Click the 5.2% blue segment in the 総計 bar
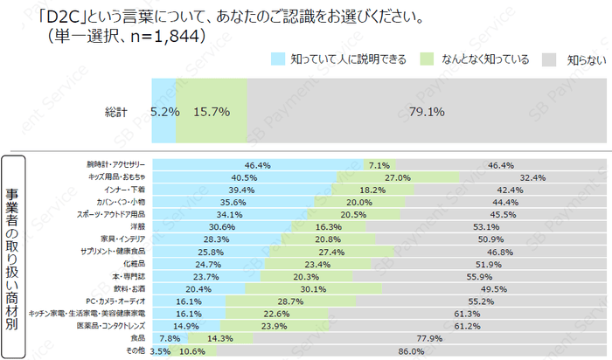[x=164, y=112]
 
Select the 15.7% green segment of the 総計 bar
[x=212, y=112]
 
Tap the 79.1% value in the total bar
[x=427, y=112]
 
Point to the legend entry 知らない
[x=582, y=59]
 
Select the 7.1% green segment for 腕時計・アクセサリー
[x=379, y=164]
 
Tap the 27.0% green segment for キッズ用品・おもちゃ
[x=399, y=177]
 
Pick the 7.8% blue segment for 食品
[x=170, y=336]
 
